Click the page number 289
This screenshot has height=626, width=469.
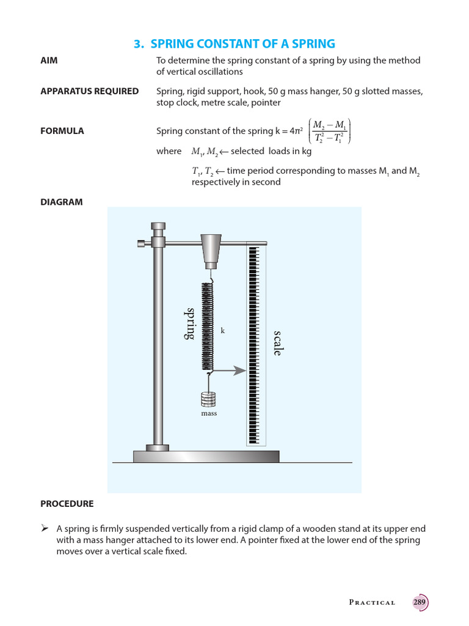pyautogui.click(x=420, y=602)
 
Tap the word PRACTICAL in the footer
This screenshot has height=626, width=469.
pyautogui.click(x=372, y=603)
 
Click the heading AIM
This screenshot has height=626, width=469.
pyautogui.click(x=49, y=61)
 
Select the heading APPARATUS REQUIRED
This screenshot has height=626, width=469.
pyautogui.click(x=89, y=91)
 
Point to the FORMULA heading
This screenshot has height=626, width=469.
pyautogui.click(x=62, y=131)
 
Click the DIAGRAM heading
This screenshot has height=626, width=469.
pyautogui.click(x=61, y=202)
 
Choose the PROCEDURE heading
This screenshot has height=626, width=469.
pyautogui.click(x=67, y=504)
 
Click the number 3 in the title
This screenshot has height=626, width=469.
pyautogui.click(x=137, y=43)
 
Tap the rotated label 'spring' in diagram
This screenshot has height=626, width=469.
pyautogui.click(x=191, y=323)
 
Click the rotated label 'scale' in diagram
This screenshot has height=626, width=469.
pyautogui.click(x=278, y=343)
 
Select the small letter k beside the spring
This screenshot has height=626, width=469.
pyautogui.click(x=223, y=330)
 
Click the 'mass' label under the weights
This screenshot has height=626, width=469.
pyautogui.click(x=209, y=413)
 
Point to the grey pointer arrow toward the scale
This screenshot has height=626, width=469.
pyautogui.click(x=231, y=370)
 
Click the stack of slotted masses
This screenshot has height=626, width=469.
pyautogui.click(x=209, y=399)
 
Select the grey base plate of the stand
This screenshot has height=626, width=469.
pyautogui.click(x=206, y=456)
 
